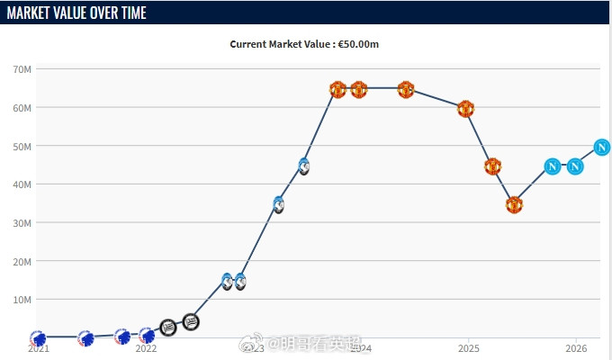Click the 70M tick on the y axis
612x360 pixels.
pos(22,69)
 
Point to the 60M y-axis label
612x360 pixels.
pos(22,108)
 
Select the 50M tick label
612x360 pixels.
pos(22,146)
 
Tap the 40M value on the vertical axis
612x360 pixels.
pos(22,184)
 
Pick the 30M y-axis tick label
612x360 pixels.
pos(22,223)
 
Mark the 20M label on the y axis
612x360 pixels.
pos(22,261)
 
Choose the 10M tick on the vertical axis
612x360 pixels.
pos(22,300)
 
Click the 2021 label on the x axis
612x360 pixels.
pos(37,347)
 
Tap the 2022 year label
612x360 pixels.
pos(146,347)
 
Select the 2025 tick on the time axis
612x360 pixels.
pos(468,347)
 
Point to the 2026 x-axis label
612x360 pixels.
pos(576,347)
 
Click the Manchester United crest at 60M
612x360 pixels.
pos(465,109)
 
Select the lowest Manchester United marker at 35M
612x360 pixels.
pos(514,204)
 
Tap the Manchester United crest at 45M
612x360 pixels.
pos(492,166)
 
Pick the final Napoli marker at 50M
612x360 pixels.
pos(602,147)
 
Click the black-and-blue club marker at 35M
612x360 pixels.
pos(279,205)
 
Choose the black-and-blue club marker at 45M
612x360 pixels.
pos(304,166)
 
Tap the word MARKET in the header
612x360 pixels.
pos(32,13)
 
